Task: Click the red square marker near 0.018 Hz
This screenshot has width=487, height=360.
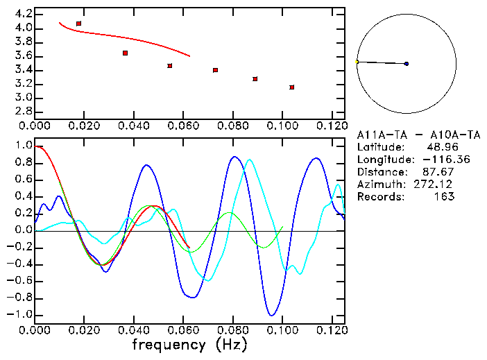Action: [78, 24]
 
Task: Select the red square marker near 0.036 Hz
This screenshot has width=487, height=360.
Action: [125, 53]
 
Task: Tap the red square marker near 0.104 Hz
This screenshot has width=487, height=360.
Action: [292, 87]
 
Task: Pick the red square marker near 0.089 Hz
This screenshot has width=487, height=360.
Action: [255, 79]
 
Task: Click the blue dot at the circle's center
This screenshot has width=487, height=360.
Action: [407, 64]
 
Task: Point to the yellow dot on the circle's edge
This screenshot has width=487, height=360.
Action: [357, 62]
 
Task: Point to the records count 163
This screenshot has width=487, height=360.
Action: [444, 197]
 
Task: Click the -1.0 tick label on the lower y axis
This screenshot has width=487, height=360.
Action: [19, 314]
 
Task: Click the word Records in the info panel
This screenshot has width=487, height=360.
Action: [379, 197]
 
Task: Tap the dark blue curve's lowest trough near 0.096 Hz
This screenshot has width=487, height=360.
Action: [271, 315]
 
